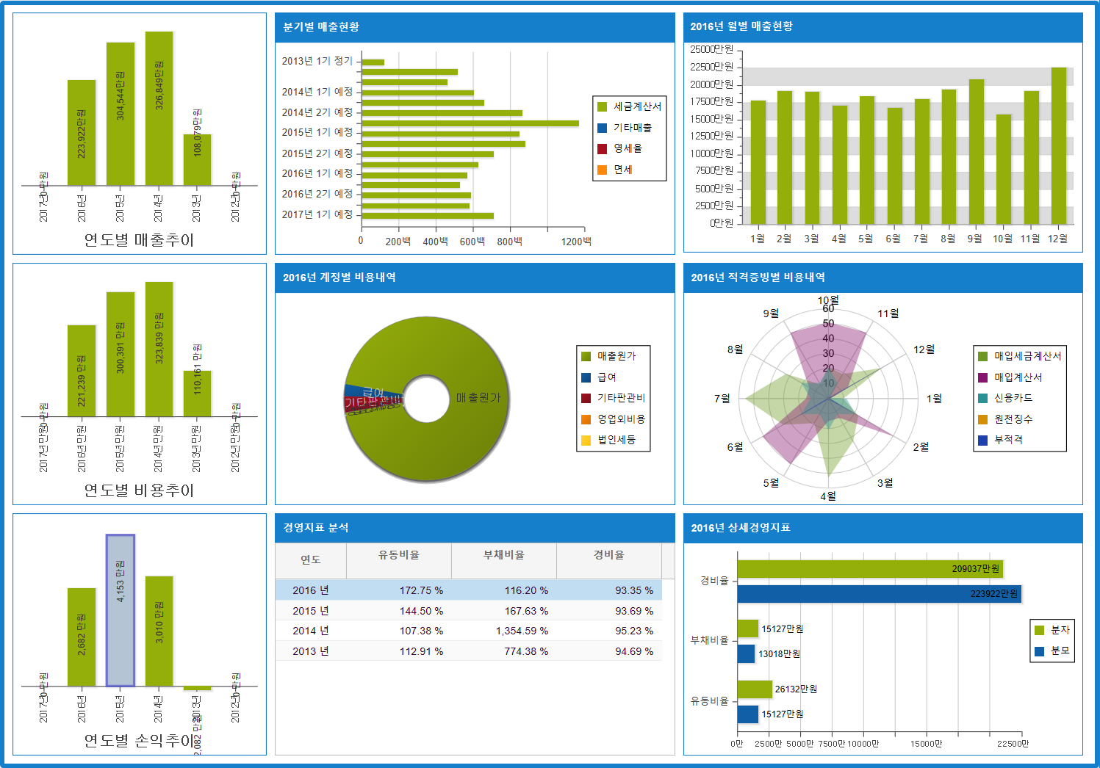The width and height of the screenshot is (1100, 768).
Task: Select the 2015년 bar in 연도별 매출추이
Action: click(x=121, y=114)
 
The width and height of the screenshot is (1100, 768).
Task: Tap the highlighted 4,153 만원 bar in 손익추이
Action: click(x=121, y=610)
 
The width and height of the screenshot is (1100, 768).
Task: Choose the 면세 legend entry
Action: click(x=623, y=170)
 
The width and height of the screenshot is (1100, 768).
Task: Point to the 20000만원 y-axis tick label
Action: click(x=712, y=84)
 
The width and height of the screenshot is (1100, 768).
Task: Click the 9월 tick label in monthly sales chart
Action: click(x=975, y=239)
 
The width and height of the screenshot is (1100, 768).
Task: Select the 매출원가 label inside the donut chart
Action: click(x=478, y=397)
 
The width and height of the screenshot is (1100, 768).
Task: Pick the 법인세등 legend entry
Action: click(x=616, y=440)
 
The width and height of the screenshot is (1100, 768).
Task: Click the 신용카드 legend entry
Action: click(x=1013, y=398)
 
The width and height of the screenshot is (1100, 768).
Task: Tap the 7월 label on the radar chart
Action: click(x=722, y=399)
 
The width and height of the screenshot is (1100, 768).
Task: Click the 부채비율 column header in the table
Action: click(x=504, y=556)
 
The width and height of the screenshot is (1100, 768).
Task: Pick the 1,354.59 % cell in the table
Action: click(x=522, y=631)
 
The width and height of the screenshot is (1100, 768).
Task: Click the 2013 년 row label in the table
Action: click(x=311, y=651)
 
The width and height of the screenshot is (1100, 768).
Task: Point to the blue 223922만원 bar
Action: click(x=879, y=594)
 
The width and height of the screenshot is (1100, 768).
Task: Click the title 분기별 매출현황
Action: click(x=321, y=27)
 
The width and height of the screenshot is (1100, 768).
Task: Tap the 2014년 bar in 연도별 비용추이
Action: click(x=159, y=349)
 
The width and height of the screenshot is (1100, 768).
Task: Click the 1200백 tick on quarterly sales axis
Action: click(x=576, y=242)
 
